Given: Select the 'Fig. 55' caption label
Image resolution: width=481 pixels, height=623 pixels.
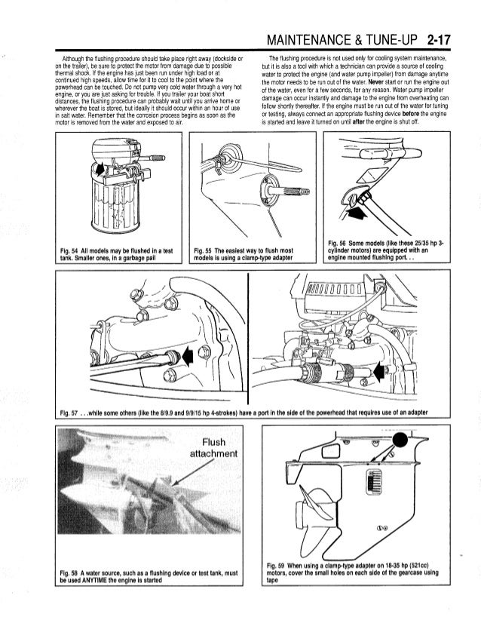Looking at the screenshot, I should click(x=202, y=250).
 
